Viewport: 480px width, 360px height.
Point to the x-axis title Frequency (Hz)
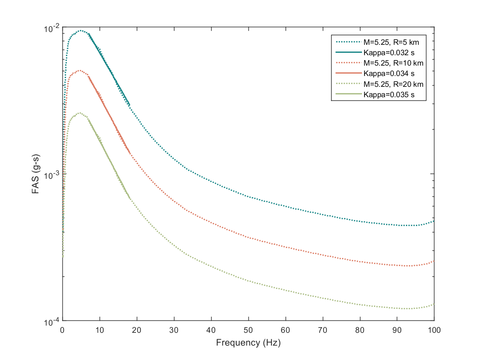tap(248, 343)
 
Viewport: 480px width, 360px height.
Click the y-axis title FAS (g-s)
tap(35, 174)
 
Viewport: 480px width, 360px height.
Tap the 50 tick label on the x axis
tap(248, 330)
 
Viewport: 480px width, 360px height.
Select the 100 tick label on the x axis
tap(434, 330)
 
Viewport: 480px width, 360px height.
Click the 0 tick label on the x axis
tap(62, 330)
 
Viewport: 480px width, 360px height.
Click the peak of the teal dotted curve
tap(81, 30)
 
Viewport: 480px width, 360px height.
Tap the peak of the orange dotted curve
tap(80, 70)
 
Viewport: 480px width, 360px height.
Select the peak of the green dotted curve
tap(80, 113)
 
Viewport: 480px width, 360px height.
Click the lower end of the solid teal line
tap(130, 105)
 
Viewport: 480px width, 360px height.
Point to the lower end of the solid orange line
tap(130, 153)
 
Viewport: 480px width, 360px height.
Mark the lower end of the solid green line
tap(130, 198)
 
